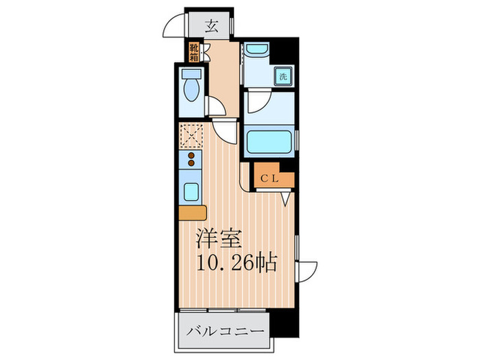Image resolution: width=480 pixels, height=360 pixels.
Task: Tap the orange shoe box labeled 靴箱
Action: click(x=194, y=51)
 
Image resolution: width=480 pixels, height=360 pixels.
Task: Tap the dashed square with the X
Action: click(x=190, y=135)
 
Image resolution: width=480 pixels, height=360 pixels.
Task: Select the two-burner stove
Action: click(x=191, y=161)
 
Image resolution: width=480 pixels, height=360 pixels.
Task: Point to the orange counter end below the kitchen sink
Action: click(x=193, y=212)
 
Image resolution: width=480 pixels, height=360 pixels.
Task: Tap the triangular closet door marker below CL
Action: click(x=287, y=197)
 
